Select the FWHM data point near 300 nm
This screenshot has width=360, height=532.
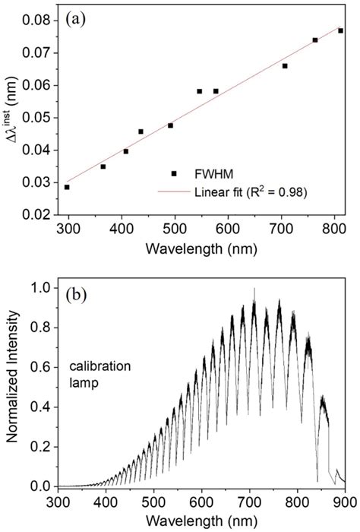click(67, 187)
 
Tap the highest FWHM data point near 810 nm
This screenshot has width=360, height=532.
click(341, 30)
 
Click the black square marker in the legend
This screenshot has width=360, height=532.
click(174, 173)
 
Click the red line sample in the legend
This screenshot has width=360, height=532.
click(174, 192)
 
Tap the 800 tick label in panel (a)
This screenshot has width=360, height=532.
click(336, 230)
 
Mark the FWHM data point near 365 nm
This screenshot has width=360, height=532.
click(103, 166)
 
